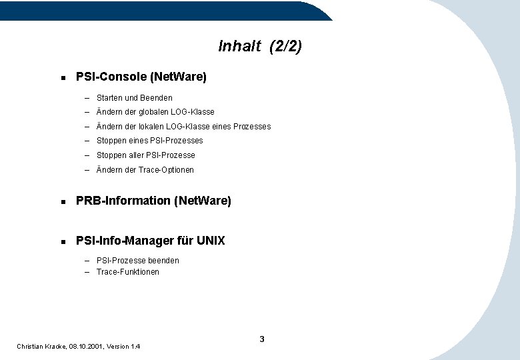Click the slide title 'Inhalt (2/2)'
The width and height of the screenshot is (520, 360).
coord(260,46)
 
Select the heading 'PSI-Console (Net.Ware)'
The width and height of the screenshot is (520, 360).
coord(141,77)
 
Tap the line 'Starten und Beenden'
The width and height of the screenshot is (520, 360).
coord(134,98)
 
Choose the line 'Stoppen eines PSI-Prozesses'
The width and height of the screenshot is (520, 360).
coord(149,141)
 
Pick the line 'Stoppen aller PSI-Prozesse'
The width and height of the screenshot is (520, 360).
coord(145,155)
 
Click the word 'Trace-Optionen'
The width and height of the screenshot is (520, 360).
coord(166,170)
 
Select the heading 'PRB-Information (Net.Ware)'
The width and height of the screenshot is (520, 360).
coord(153,201)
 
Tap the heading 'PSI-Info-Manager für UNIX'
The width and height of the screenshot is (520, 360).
coord(151,241)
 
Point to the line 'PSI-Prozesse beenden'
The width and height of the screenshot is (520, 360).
coord(137,261)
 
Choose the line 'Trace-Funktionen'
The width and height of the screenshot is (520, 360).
coord(127,272)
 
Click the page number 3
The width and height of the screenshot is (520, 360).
coord(262,339)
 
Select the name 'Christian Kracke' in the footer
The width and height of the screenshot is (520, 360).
coord(41,347)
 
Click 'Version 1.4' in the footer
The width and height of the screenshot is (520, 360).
coord(125,347)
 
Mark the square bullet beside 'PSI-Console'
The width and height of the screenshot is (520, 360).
coord(62,78)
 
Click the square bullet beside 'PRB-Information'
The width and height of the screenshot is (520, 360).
coord(62,201)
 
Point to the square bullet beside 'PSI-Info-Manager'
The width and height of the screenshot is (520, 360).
coord(62,241)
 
